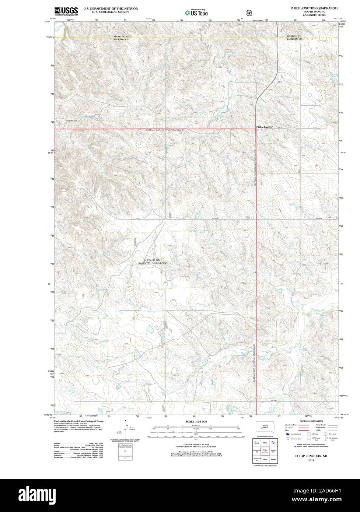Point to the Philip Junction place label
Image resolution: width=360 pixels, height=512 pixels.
265,127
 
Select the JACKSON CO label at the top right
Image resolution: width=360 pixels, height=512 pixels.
294,39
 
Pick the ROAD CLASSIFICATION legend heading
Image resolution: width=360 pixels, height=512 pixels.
311,421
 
